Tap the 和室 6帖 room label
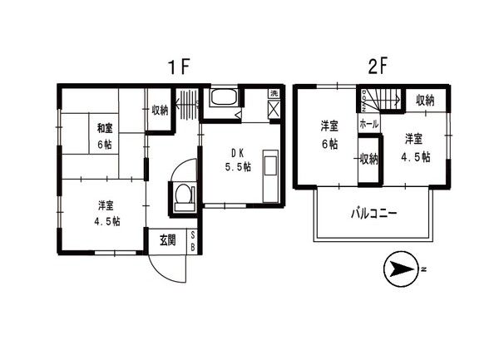coord(105,136)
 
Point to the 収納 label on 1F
coord(160,110)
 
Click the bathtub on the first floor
coord(223,100)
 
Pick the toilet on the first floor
coord(185,198)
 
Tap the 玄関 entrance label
coord(167,240)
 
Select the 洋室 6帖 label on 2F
coord(330,135)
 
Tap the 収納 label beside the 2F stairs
coord(425,101)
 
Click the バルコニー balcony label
coord(372,214)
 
